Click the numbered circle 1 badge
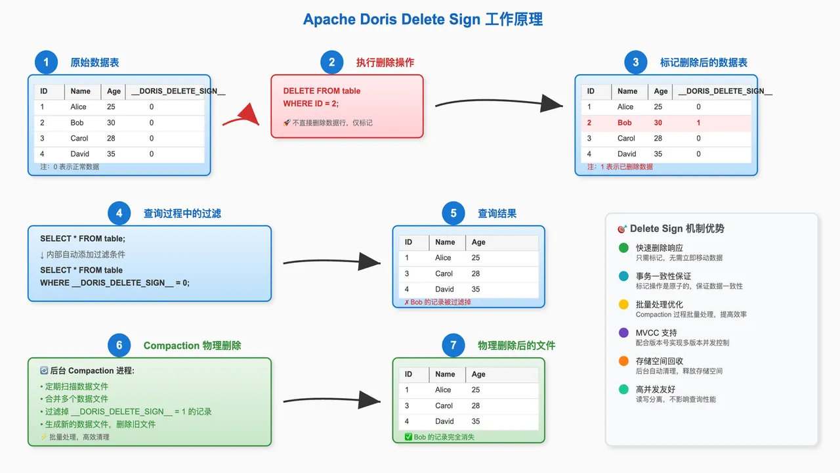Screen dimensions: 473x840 (46, 62)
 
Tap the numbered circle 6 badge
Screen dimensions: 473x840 (119, 346)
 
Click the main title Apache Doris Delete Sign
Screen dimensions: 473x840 (423, 20)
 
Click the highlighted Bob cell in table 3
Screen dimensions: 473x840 (625, 123)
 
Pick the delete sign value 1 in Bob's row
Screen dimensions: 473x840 (698, 123)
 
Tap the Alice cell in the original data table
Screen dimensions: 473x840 (78, 107)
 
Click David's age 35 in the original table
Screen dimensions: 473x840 (111, 154)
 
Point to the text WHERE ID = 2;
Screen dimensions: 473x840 (311, 104)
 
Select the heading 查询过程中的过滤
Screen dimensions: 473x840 (182, 214)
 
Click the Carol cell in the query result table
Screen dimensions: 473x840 (444, 274)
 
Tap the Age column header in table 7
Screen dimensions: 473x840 (478, 374)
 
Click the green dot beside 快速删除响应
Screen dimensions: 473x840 (623, 248)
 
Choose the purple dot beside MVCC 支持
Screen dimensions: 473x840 (623, 333)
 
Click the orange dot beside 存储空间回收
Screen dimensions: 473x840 (623, 361)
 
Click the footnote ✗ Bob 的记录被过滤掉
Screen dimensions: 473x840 (437, 302)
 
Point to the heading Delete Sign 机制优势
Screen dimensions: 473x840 (677, 229)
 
